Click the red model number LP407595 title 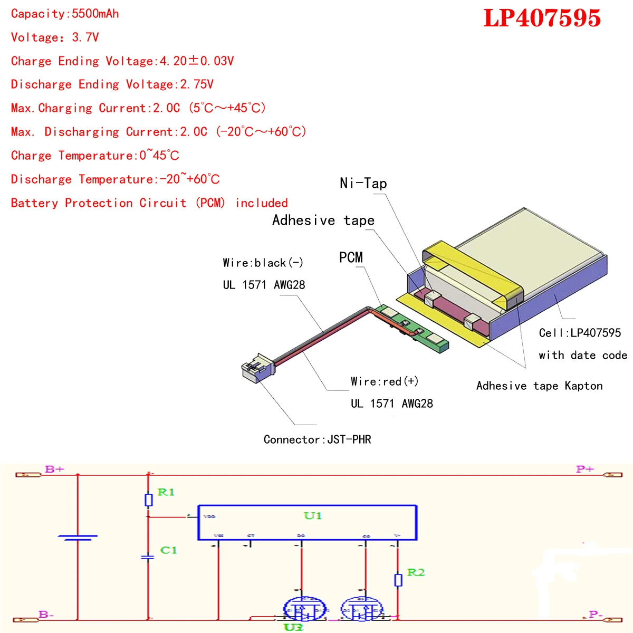[x=542, y=18]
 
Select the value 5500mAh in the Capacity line [x=95, y=14]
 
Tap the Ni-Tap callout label [x=363, y=184]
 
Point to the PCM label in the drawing [x=351, y=257]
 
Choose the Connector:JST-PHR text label [x=317, y=439]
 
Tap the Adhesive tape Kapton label [x=539, y=386]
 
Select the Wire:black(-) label [x=263, y=263]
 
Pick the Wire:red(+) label [x=385, y=381]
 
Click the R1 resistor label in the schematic [x=166, y=492]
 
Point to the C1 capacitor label [x=168, y=550]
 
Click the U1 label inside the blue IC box [x=312, y=515]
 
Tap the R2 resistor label [x=416, y=572]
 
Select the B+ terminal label [x=54, y=469]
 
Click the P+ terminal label [x=584, y=469]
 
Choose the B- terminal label [x=46, y=615]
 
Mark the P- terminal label [x=596, y=615]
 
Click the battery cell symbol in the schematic [x=78, y=538]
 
